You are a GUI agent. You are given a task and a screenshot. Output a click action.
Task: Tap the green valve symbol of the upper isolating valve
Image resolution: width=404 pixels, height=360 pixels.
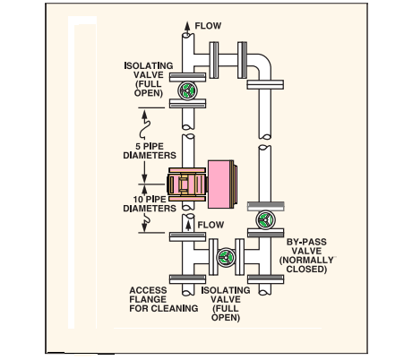[x=187, y=90]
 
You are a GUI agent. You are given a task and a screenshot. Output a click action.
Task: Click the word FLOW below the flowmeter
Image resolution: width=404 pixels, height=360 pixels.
[x=211, y=224]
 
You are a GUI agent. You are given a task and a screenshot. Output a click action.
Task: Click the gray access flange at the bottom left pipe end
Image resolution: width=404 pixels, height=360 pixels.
[x=187, y=288]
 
